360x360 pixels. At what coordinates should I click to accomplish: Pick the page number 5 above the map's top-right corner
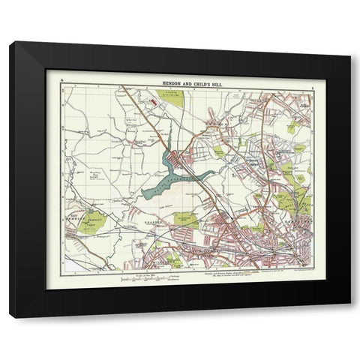309,78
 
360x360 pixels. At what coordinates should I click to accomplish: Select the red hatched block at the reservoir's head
178,157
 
